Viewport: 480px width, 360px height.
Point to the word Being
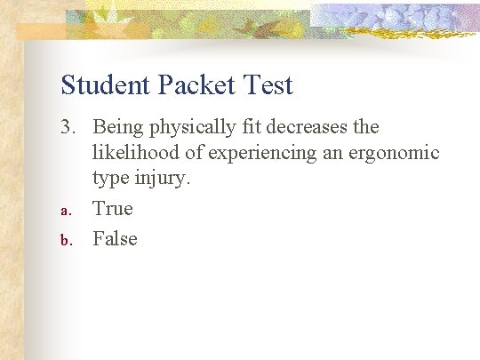pos(117,128)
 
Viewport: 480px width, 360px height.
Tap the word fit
pos(254,128)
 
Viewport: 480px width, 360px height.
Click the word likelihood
pos(136,154)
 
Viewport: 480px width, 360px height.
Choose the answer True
pos(113,209)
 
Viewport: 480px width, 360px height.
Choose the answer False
pos(116,238)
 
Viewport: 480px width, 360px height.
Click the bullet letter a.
pos(65,212)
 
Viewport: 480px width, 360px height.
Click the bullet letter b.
pos(65,240)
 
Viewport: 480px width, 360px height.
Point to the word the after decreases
pos(365,128)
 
